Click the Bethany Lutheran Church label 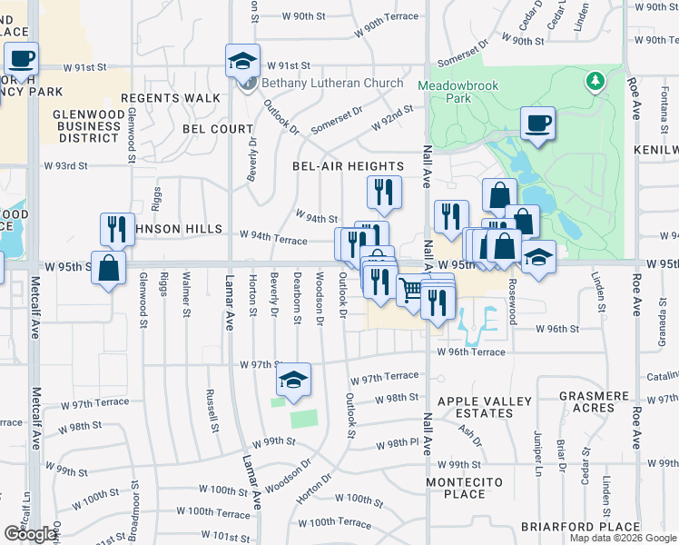[332, 84]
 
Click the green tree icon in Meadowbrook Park [595, 82]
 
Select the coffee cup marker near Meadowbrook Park [538, 124]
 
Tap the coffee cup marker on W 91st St [22, 60]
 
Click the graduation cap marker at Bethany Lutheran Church [242, 61]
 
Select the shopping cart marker [412, 291]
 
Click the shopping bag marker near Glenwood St [109, 269]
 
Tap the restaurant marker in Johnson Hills [116, 229]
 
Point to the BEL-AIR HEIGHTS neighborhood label [348, 166]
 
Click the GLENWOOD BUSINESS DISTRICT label [89, 124]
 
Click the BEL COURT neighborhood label [217, 129]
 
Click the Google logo [30, 534]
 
